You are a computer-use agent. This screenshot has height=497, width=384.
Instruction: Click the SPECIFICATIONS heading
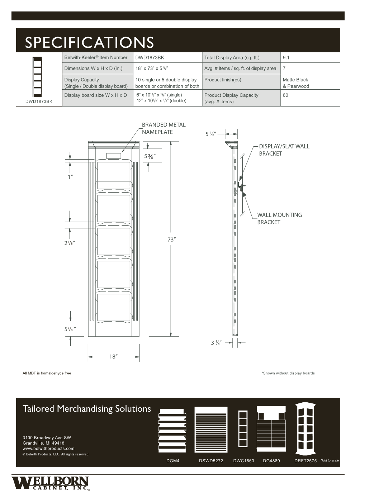[89, 42]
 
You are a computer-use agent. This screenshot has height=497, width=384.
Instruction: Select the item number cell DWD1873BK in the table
[150, 57]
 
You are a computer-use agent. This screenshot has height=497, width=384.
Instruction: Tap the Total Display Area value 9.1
[286, 57]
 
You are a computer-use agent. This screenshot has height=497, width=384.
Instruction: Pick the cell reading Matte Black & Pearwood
[295, 83]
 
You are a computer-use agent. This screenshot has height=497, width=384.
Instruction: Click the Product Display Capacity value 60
[285, 95]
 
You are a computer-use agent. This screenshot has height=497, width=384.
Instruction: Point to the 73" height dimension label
[171, 240]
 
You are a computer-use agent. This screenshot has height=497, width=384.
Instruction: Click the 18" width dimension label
[114, 357]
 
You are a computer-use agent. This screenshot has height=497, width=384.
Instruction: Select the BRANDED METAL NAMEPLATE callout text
[163, 128]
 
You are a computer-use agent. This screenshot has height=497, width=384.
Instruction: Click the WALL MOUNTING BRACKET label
[279, 218]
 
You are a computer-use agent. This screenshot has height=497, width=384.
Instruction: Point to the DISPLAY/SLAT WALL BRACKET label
[284, 150]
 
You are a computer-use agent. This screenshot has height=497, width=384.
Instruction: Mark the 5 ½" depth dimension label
[210, 134]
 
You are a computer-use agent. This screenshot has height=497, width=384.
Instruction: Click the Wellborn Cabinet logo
[50, 483]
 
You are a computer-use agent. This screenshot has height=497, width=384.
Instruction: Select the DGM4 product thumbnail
[172, 430]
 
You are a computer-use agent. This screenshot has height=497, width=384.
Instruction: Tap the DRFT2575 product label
[305, 461]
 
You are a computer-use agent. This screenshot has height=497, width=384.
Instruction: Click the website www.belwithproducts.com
[48, 449]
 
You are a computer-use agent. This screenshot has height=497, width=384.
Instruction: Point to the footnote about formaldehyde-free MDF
[47, 373]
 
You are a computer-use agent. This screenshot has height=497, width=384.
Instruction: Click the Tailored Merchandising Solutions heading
[87, 409]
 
